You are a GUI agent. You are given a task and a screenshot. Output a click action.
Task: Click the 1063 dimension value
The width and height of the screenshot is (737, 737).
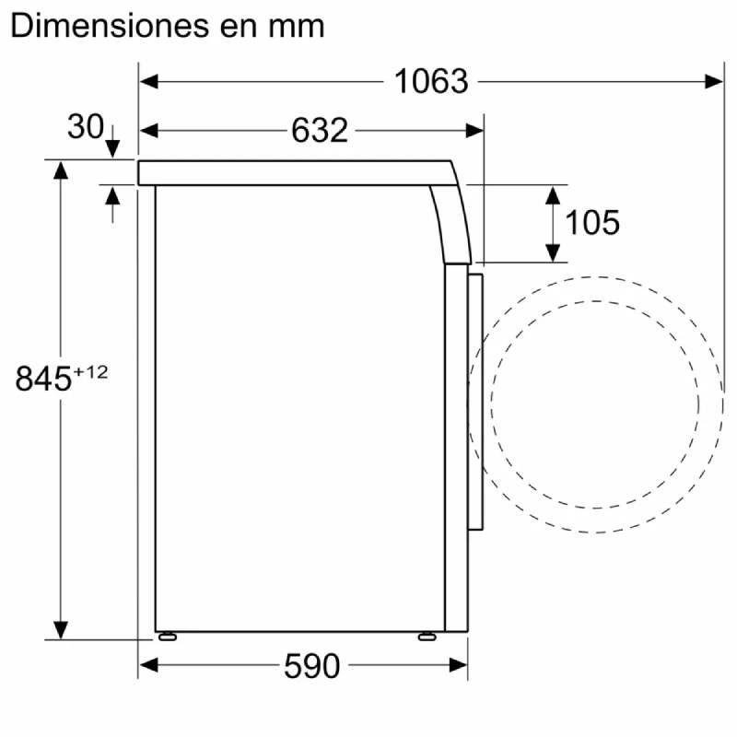[431, 81]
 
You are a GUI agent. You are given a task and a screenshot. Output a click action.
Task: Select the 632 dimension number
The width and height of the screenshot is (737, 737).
[319, 130]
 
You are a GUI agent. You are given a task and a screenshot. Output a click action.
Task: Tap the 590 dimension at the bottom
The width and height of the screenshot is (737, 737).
[311, 666]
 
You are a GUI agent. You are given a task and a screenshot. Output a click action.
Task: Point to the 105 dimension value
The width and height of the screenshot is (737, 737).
[592, 222]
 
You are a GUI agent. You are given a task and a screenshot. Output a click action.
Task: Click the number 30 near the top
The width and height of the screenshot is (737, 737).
[86, 126]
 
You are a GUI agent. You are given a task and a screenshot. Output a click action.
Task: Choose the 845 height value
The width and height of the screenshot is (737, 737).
[43, 379]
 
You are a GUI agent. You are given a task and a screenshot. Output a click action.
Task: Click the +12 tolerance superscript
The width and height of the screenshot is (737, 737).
[90, 372]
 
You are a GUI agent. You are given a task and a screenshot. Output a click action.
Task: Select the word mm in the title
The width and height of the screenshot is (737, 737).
[296, 28]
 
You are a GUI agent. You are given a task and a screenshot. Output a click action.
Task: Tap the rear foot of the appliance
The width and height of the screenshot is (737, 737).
[168, 637]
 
